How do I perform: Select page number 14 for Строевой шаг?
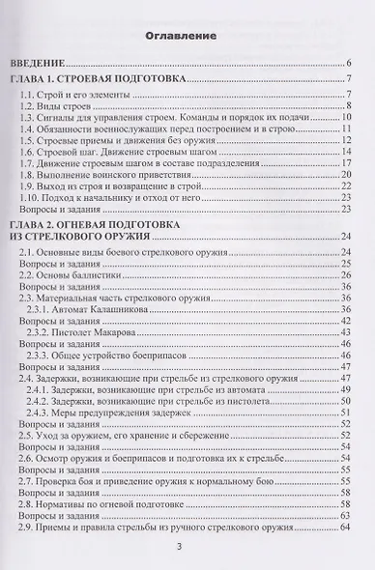coord(344,152)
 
